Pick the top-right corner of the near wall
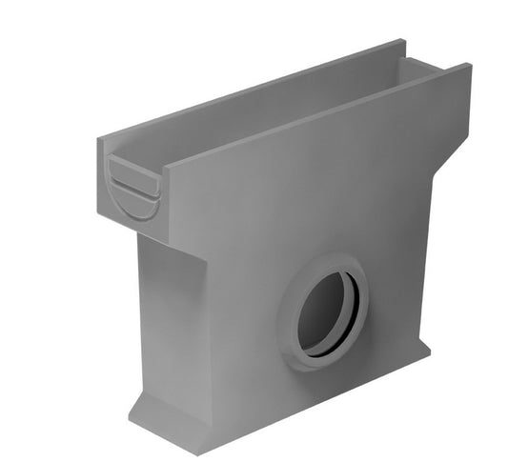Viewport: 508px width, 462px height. pyautogui.click(x=469, y=67)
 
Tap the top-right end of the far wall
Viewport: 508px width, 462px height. pyautogui.click(x=401, y=43)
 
